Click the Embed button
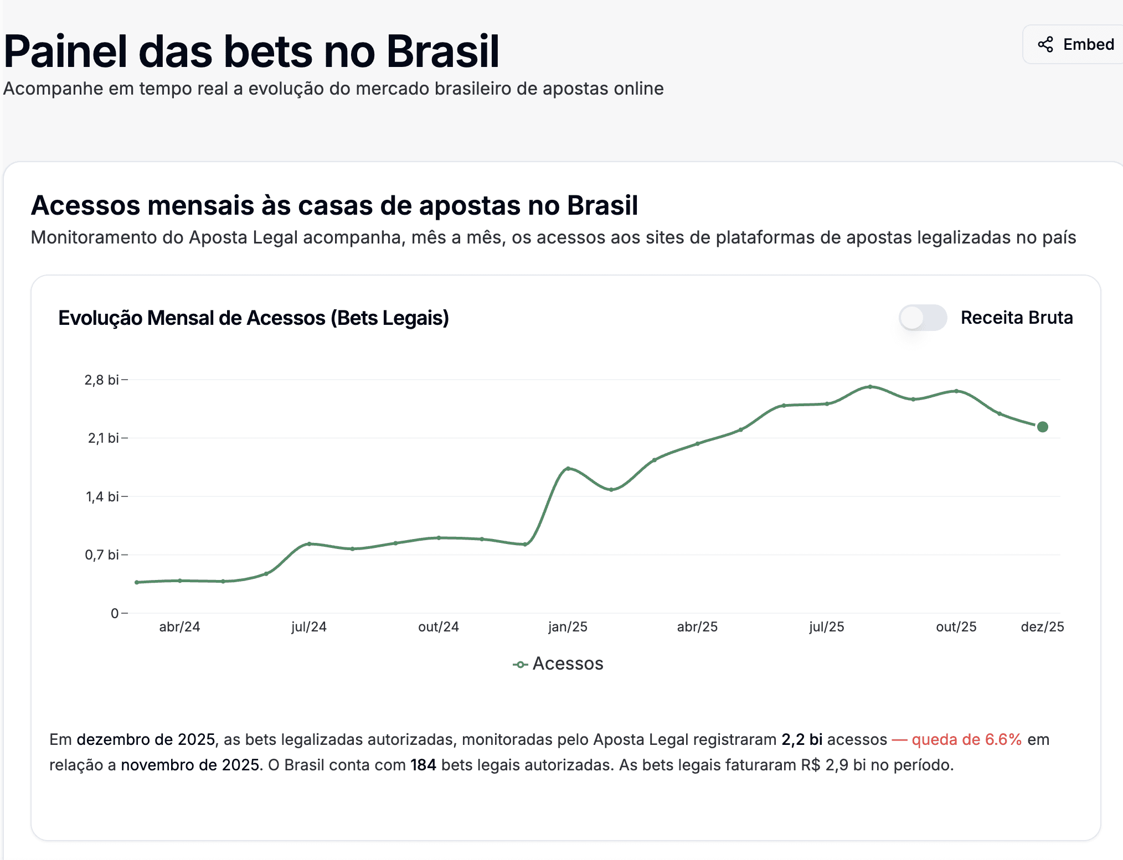point(1075,44)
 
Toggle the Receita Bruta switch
point(922,318)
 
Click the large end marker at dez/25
point(1042,427)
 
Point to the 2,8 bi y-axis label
point(101,380)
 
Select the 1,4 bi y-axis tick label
point(102,497)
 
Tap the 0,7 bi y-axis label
point(102,555)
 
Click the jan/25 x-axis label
point(568,627)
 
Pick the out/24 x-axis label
point(438,627)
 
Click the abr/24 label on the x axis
point(179,627)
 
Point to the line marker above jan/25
point(568,469)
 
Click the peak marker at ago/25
point(870,387)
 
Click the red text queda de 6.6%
point(966,740)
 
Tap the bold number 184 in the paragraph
point(423,765)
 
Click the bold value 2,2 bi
point(801,740)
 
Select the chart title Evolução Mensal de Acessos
point(253,318)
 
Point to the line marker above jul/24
point(309,544)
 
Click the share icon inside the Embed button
point(1045,44)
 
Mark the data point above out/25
point(956,391)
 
